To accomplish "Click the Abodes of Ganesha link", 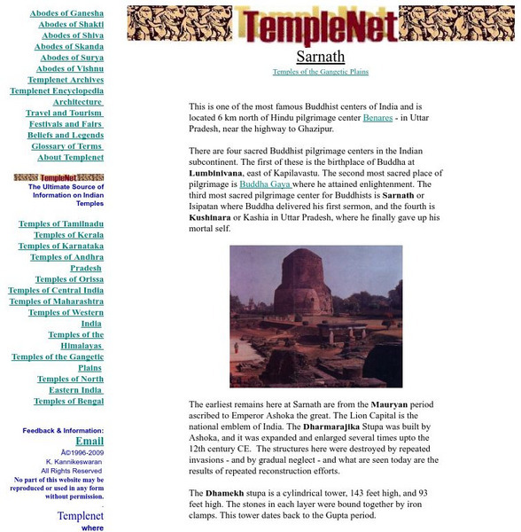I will coord(66,13).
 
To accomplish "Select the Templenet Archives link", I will coord(66,80).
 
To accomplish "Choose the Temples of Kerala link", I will coord(68,235).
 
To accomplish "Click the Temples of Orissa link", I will coord(69,279).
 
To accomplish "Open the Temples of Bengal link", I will coord(68,402).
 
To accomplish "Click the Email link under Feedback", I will coord(89,441).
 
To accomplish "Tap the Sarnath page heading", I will coord(320,56).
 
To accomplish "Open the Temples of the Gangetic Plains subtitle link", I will coord(320,72).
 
